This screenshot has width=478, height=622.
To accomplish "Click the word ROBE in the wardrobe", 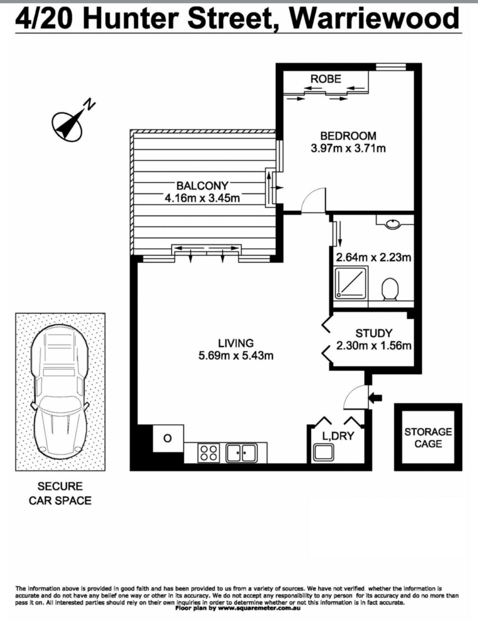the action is click(x=326, y=79).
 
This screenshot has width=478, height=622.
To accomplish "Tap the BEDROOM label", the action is click(x=348, y=136).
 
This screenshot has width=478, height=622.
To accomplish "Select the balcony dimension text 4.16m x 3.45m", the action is click(x=202, y=198).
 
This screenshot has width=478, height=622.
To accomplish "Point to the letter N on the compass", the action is click(x=91, y=104).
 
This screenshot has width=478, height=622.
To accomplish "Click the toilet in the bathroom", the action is click(x=390, y=289).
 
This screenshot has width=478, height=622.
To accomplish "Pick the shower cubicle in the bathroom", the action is click(x=352, y=283).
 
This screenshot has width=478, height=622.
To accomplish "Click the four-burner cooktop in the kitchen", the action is click(x=209, y=452).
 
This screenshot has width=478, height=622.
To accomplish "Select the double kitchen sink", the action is click(x=241, y=453).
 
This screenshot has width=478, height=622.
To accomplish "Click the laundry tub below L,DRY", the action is click(x=323, y=452).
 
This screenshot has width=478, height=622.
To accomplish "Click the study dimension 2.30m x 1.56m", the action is click(x=373, y=346).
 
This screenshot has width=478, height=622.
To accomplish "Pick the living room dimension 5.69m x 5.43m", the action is click(x=236, y=356).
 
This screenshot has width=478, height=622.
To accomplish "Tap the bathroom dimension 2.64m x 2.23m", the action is click(x=373, y=257).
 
